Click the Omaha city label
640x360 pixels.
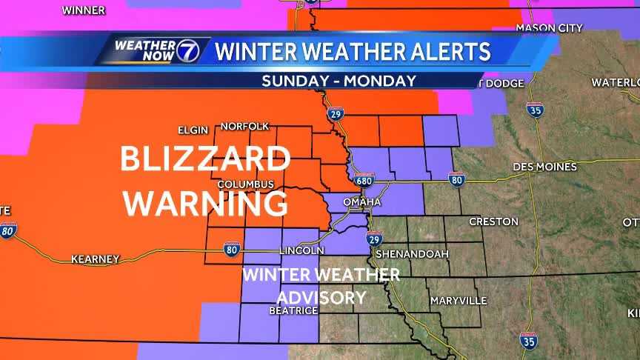point(361,202)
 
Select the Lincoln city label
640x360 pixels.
point(301,251)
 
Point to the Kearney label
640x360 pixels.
point(95,259)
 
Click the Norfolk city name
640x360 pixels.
point(244,126)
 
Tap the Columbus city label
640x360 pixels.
point(247,184)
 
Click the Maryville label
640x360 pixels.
point(459,301)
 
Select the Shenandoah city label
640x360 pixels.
point(413,253)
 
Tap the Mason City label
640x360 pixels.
point(549,28)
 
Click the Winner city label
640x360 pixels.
point(83,10)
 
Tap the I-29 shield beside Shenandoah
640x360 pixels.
point(375,239)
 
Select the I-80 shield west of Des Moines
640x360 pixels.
point(456,179)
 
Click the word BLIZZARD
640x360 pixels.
point(205,159)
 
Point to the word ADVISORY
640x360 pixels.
point(321,298)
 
